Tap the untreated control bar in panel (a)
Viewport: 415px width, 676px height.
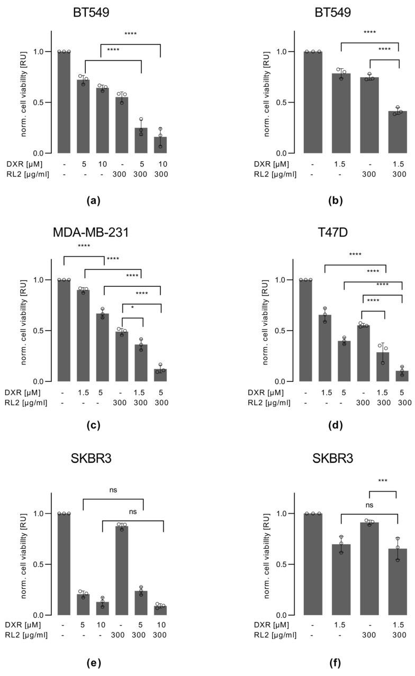[64, 102]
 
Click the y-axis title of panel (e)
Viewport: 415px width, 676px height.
[25, 553]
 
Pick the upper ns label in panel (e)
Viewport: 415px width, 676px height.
[113, 490]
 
